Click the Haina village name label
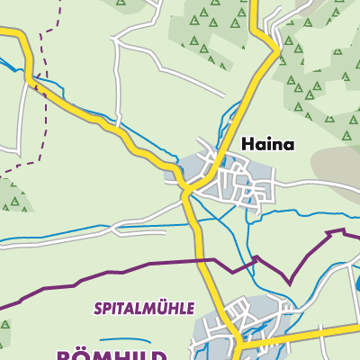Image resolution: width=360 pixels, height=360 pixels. click(267, 144)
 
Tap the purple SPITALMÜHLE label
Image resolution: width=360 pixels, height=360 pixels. click(144, 308)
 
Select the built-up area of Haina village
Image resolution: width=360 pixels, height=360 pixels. click(229, 180)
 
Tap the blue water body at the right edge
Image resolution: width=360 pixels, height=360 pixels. click(357, 286)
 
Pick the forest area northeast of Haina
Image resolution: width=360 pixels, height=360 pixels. click(315, 81)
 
